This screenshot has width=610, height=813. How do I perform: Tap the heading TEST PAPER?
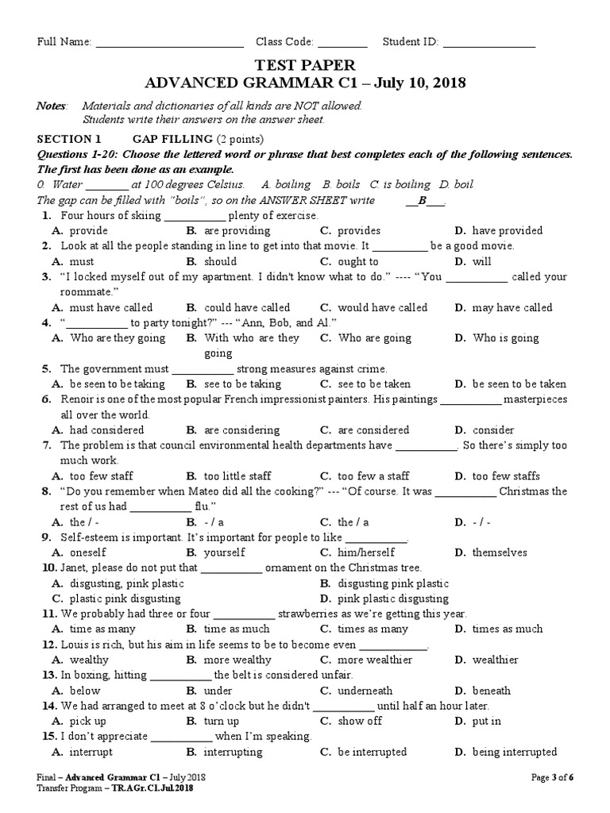click(x=305, y=65)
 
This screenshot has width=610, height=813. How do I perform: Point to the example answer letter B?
click(x=423, y=200)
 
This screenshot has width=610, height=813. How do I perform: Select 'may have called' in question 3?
click(x=512, y=307)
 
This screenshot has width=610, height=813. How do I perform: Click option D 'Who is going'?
click(x=506, y=337)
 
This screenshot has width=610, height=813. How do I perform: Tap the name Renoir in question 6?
click(x=79, y=399)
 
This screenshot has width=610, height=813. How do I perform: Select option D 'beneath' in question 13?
click(x=491, y=691)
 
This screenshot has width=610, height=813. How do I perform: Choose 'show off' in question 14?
click(x=360, y=721)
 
